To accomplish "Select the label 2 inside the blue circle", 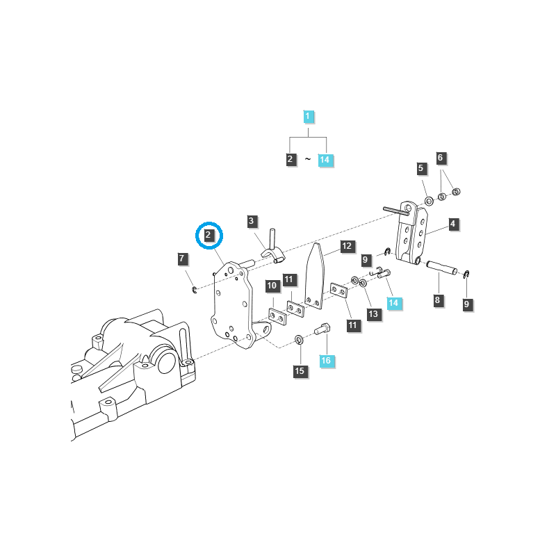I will (208, 236).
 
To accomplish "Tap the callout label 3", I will (252, 222).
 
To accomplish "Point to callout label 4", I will (452, 224).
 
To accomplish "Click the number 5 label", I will (421, 168).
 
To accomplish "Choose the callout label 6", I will (441, 158).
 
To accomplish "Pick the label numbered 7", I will (182, 259).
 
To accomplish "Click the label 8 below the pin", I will (436, 300).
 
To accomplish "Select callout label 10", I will (272, 286).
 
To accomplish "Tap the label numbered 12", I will (347, 246).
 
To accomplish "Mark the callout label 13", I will (373, 314).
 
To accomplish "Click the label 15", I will (300, 371).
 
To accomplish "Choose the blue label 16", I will (326, 361).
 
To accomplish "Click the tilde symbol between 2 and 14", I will (308, 160).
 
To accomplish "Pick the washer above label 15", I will (299, 340).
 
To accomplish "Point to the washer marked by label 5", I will (429, 201).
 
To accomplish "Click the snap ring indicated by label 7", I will (195, 289).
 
